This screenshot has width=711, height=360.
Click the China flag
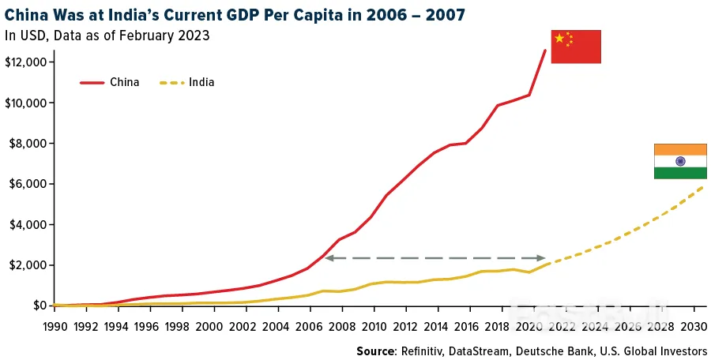click(576, 47)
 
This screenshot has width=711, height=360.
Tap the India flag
click(679, 161)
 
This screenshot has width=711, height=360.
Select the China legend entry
click(110, 82)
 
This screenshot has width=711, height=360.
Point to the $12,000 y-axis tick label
click(28, 62)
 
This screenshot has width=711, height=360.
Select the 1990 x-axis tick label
click(55, 326)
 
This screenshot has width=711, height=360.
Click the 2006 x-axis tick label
click(307, 326)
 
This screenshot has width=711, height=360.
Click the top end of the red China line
click(545, 51)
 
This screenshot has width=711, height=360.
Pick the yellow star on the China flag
click(560, 39)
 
